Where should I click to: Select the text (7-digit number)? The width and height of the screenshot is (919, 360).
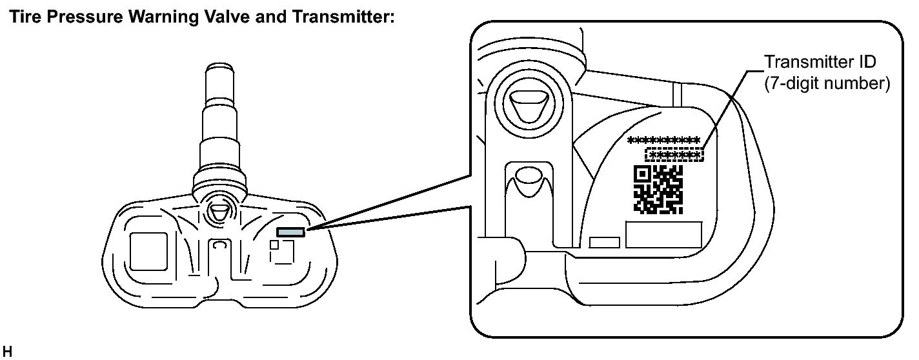(826, 84)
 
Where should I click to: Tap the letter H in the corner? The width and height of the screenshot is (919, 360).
(7, 352)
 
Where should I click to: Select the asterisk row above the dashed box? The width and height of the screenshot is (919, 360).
(663, 140)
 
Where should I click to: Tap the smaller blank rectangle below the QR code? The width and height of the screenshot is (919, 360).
(605, 242)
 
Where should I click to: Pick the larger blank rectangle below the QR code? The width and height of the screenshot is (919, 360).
(663, 235)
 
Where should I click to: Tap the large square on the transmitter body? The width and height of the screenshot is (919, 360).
(149, 251)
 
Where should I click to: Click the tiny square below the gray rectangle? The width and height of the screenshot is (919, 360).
(274, 245)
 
